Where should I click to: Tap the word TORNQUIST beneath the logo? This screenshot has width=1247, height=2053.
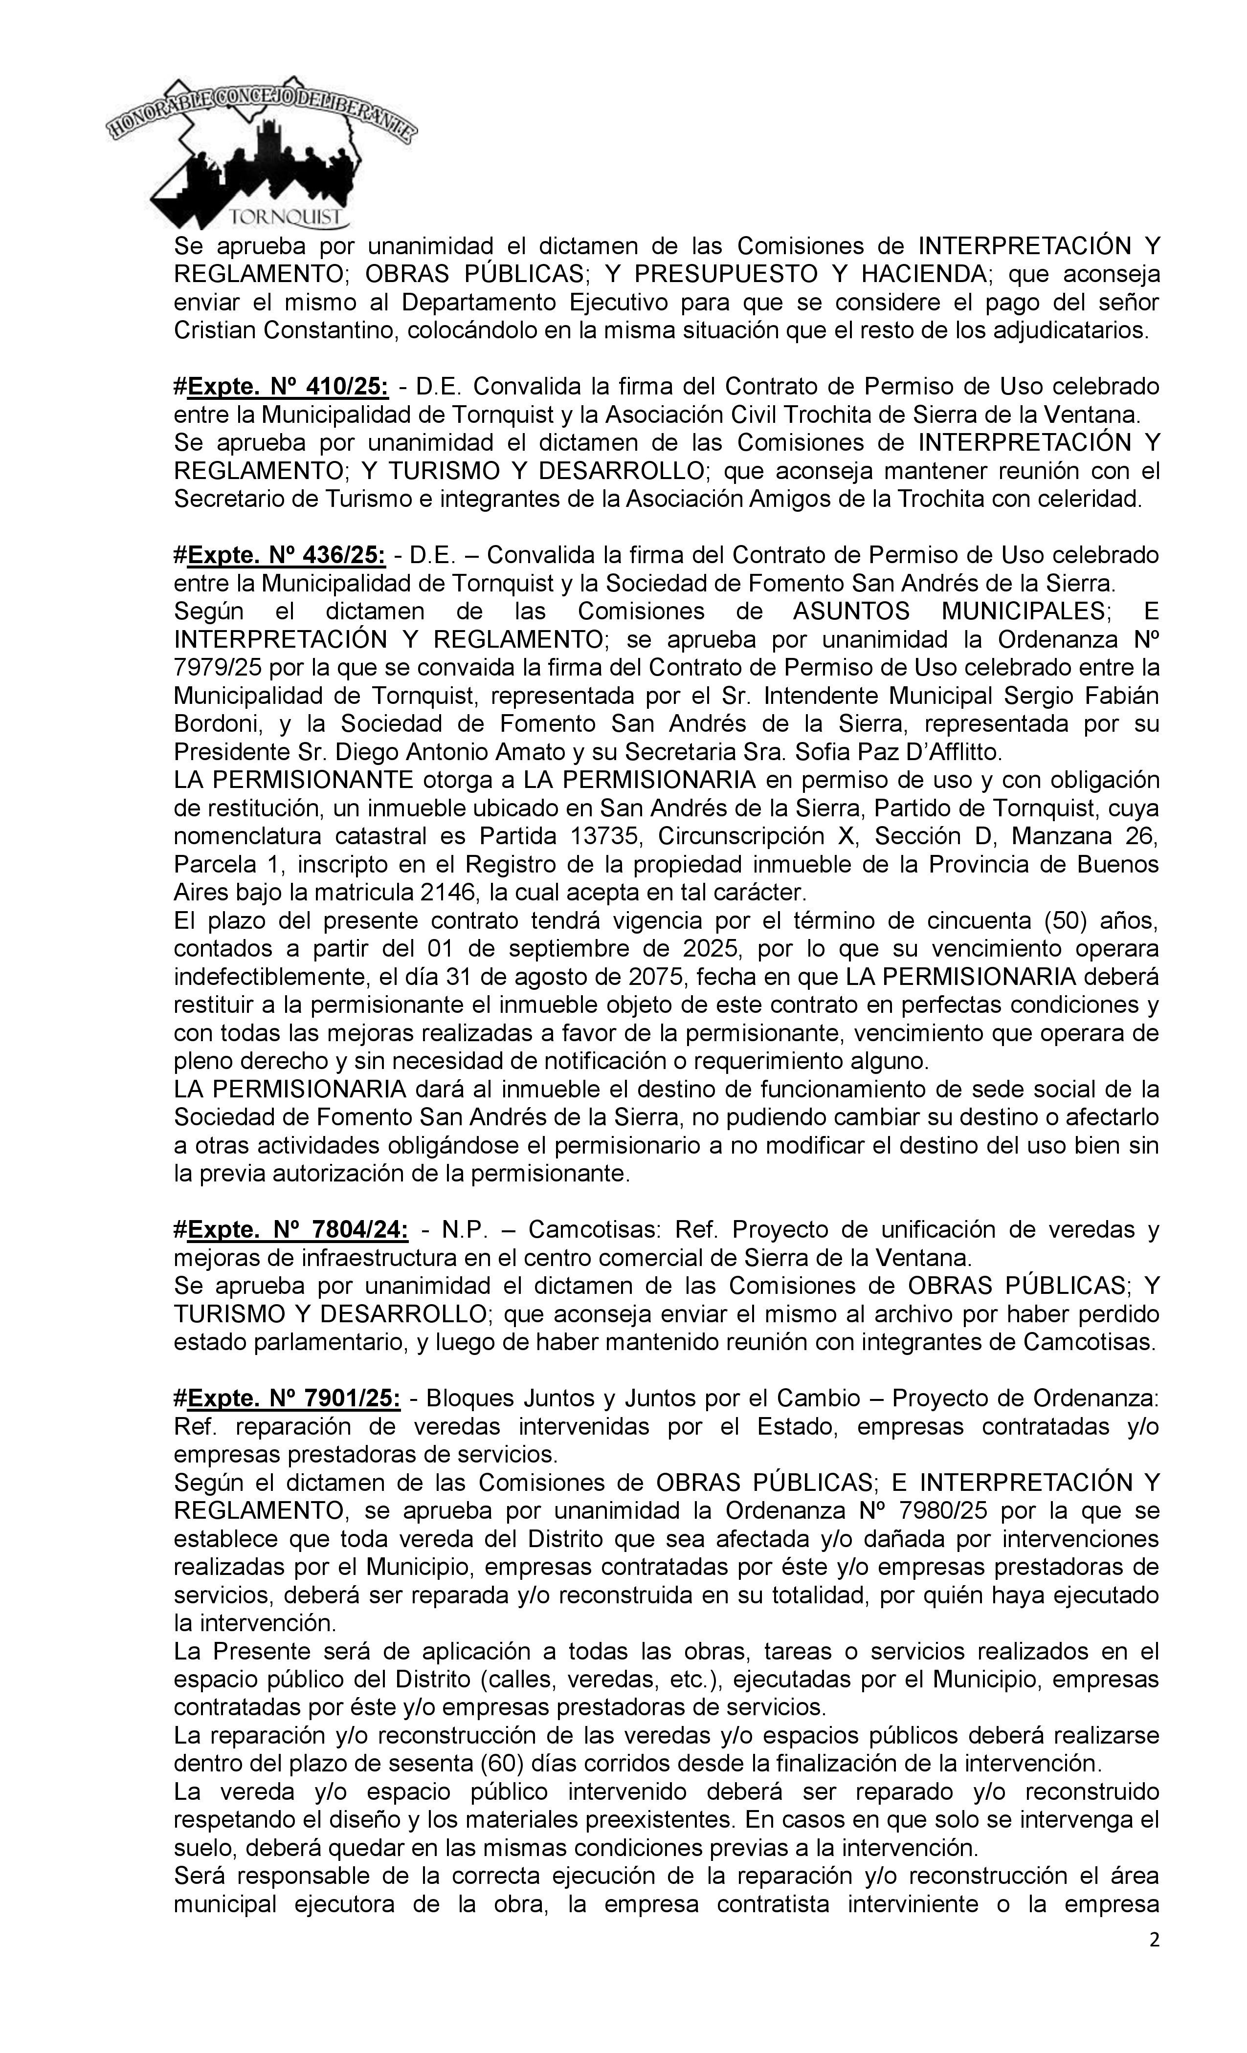pyautogui.click(x=288, y=218)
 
